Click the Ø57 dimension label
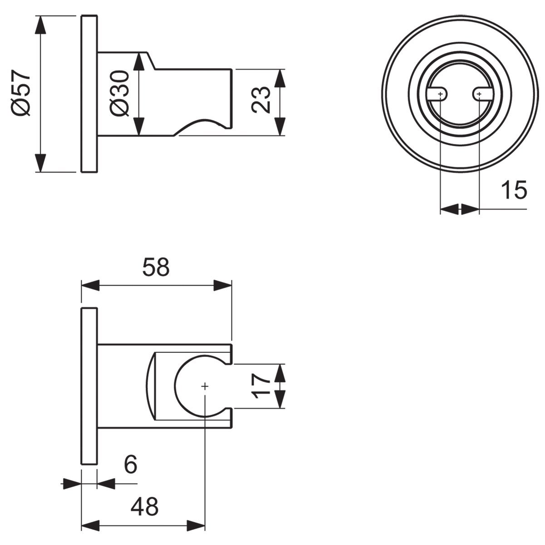[21, 94]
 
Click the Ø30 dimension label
[119, 94]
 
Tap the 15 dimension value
[514, 190]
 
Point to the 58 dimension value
[156, 267]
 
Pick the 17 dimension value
[261, 386]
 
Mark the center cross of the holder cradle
[205, 386]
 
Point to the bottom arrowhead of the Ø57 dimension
[41, 163]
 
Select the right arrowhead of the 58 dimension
[222, 285]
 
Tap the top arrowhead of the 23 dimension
[280, 78]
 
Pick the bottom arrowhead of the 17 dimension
[280, 399]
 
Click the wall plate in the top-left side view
[89, 94]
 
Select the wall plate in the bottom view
[89, 386]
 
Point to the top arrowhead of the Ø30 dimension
[138, 61]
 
